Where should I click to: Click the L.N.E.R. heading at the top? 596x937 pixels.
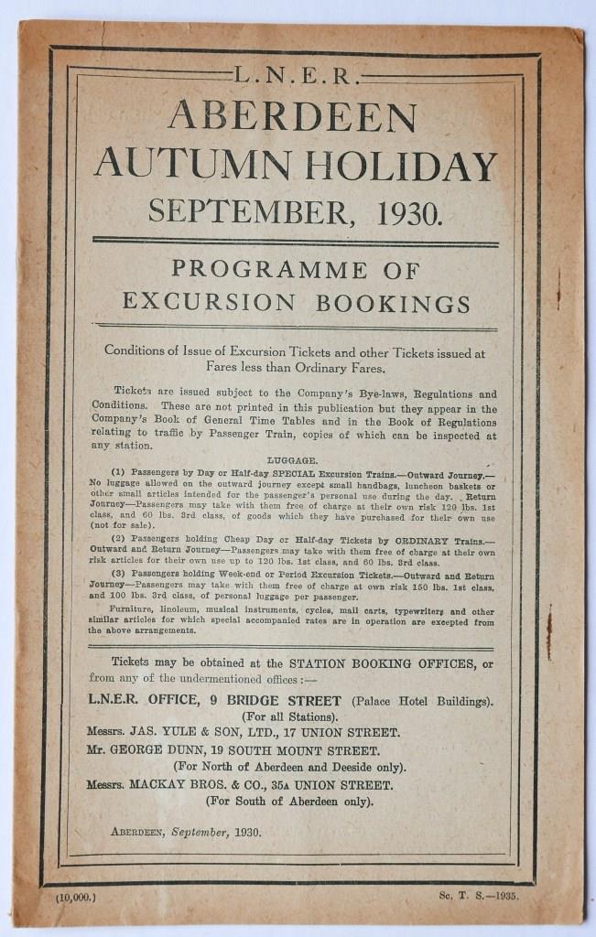click(x=292, y=76)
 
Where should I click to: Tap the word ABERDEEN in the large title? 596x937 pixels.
click(x=292, y=117)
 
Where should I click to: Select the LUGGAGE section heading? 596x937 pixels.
click(x=292, y=462)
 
